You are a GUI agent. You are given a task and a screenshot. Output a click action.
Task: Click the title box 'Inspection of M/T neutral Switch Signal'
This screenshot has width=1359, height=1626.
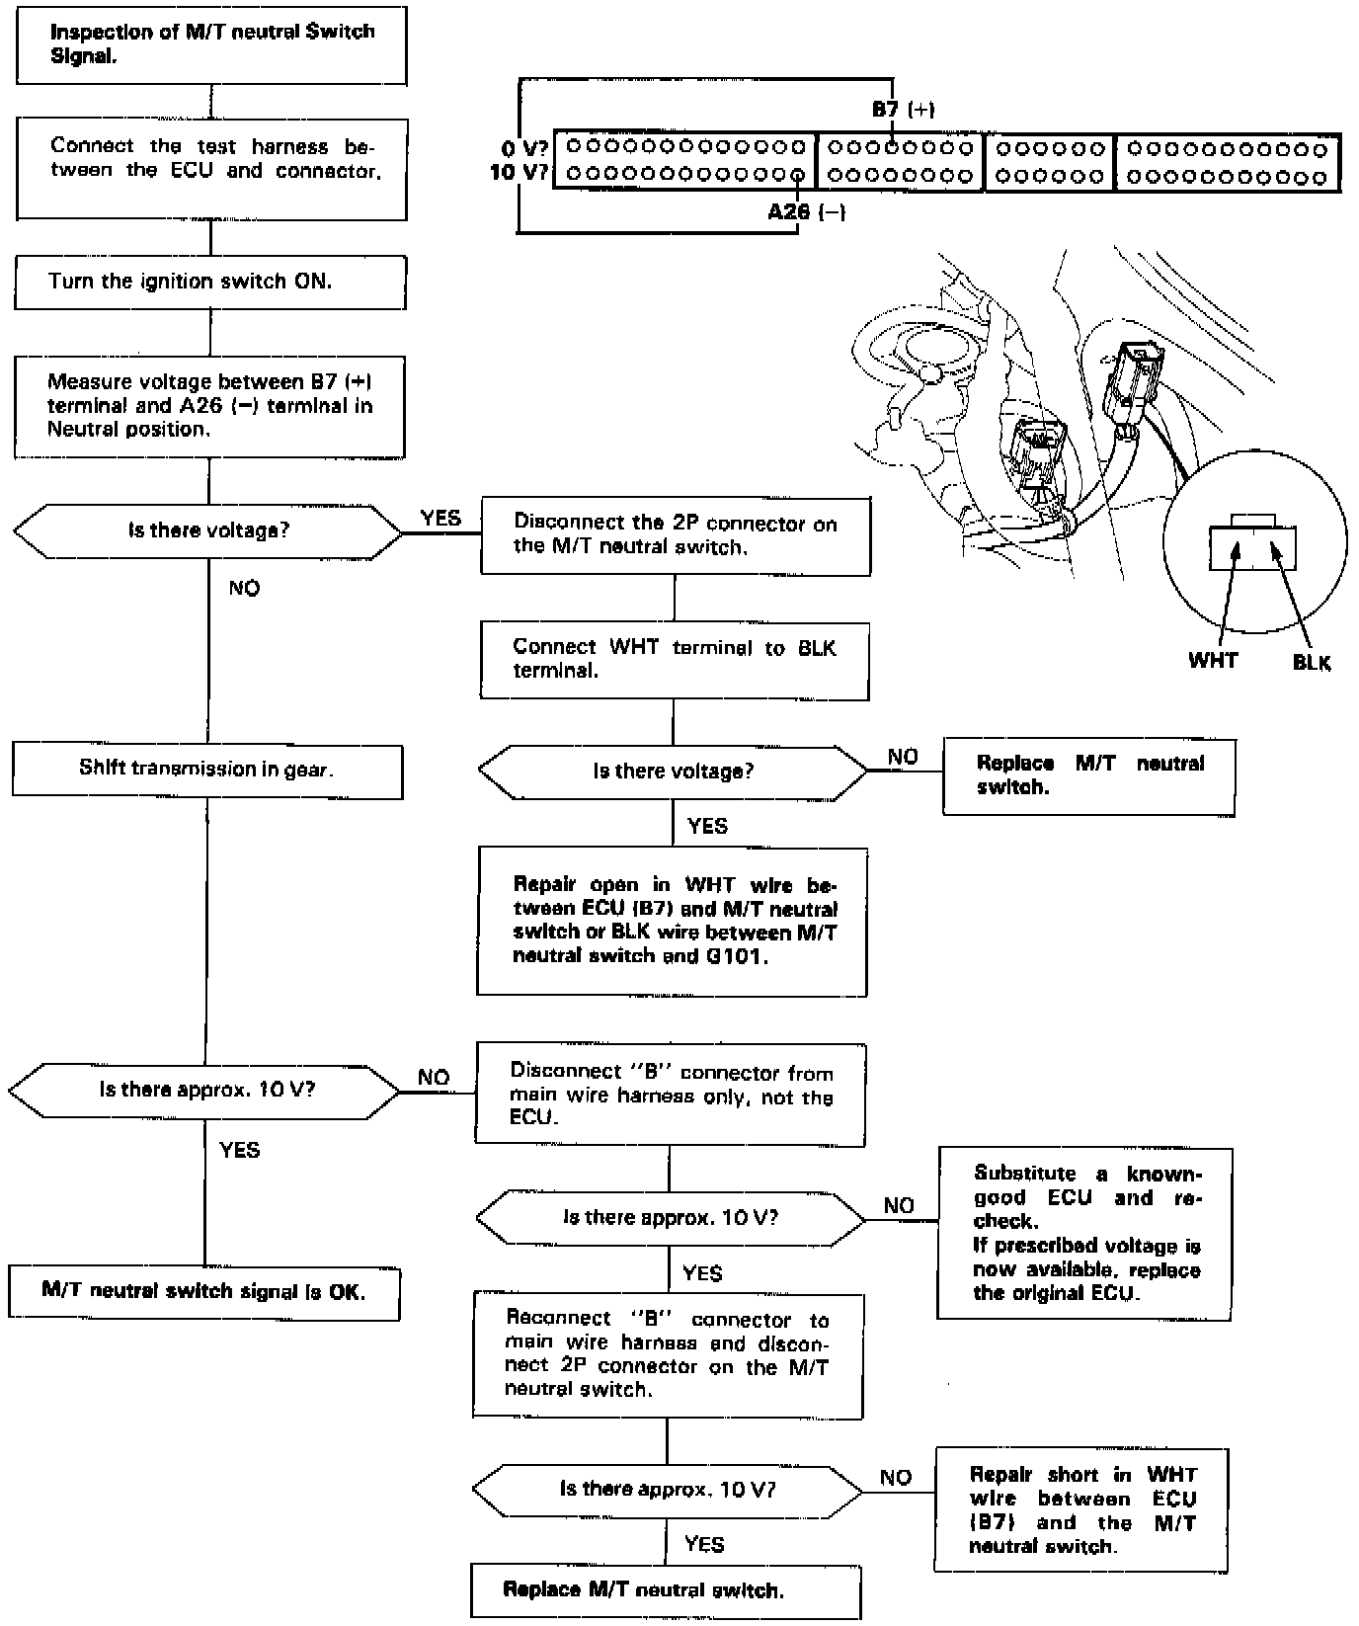[211, 44]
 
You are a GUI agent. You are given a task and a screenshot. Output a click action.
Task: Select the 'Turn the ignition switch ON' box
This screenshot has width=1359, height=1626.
[209, 282]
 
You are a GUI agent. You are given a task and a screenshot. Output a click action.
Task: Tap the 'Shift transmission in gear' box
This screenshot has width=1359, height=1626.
[207, 771]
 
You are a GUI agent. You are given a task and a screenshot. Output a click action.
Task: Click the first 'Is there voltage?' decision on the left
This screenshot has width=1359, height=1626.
[208, 531]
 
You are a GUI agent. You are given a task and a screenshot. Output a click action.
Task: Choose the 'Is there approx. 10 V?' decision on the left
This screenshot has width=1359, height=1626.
[205, 1091]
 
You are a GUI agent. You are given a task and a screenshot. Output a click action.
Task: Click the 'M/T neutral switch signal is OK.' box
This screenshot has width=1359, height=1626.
[204, 1292]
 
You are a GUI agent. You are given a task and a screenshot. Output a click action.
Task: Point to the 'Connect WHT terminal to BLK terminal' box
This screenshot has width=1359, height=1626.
[675, 660]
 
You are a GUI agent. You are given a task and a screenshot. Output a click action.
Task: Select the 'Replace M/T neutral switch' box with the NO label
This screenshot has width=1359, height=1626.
[1089, 776]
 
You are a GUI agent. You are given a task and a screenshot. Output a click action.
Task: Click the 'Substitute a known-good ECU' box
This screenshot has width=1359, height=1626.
[1084, 1233]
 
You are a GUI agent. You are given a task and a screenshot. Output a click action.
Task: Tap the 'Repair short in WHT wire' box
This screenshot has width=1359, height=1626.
[1081, 1509]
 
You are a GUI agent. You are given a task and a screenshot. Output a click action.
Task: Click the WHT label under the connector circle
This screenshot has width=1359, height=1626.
[1213, 661]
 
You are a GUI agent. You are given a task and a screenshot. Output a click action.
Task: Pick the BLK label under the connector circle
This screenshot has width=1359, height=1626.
[1312, 663]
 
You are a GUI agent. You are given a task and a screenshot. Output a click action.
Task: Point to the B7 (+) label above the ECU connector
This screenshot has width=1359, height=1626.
[903, 110]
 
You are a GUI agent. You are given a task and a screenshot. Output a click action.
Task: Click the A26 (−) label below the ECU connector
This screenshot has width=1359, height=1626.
[806, 211]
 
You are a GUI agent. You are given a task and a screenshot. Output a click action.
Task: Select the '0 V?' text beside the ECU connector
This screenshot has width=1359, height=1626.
[524, 149]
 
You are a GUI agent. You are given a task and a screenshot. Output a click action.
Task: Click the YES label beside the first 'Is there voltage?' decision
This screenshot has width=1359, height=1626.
[440, 519]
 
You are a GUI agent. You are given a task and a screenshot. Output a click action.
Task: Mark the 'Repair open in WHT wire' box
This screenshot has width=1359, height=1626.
[673, 921]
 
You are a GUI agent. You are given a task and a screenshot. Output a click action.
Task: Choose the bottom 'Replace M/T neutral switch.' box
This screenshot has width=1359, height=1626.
[666, 1590]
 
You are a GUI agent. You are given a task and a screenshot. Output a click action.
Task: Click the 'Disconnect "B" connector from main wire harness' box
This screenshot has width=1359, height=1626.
[671, 1095]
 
